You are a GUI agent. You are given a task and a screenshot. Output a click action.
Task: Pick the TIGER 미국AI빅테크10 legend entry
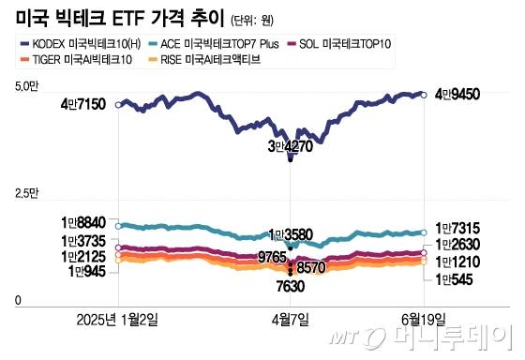pos(76,60)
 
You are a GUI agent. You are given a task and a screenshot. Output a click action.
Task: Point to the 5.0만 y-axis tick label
pos(27,87)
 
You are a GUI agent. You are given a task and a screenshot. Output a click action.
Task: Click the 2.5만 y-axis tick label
pos(27,194)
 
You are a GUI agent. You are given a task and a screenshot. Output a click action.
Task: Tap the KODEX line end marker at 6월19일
pos(423,95)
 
